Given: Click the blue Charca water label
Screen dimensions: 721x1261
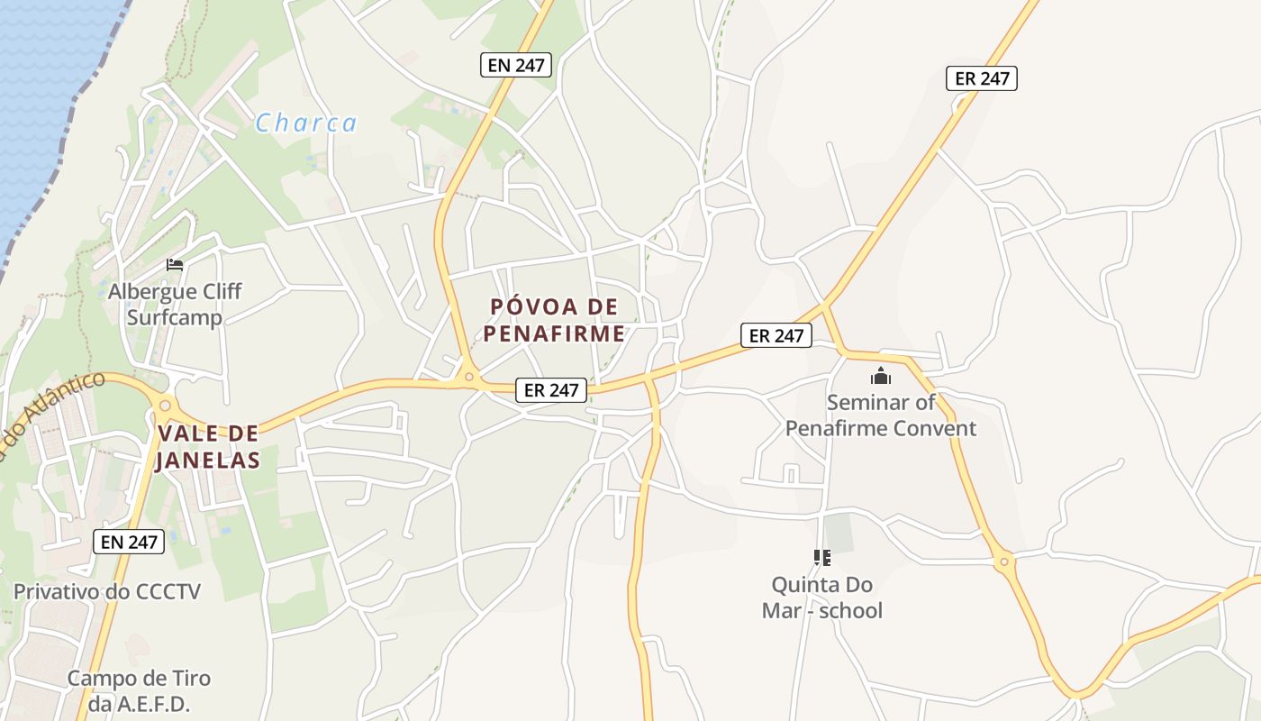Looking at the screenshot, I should (305, 123).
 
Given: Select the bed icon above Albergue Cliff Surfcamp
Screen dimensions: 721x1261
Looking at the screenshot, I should (175, 265).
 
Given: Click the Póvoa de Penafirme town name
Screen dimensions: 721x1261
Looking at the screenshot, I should (554, 320).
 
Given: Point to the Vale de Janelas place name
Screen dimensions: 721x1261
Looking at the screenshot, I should (208, 447).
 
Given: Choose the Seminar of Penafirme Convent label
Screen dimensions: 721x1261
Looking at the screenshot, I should (880, 415).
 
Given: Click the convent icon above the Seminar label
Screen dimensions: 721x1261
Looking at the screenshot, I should (880, 375).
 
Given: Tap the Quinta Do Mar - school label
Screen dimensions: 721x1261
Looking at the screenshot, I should (821, 598).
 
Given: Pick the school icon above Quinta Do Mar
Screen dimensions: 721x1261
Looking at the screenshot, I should (821, 558).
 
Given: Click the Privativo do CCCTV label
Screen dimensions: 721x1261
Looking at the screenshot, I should (107, 592).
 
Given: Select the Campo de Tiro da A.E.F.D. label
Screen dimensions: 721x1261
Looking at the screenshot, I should (139, 690).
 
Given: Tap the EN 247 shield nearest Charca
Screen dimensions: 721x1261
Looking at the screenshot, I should (516, 65).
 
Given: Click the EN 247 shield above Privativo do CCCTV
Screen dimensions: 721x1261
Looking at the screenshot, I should (130, 542).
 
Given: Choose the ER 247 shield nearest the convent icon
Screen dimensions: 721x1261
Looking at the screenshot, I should (776, 335).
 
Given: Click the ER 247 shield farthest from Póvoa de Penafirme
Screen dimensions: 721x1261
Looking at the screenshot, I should (982, 78).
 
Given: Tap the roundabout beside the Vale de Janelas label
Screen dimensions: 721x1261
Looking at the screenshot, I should (165, 406).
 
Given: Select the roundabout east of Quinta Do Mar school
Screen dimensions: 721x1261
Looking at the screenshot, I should (1003, 563).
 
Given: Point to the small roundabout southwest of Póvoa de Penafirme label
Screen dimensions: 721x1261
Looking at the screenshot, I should (468, 377).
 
